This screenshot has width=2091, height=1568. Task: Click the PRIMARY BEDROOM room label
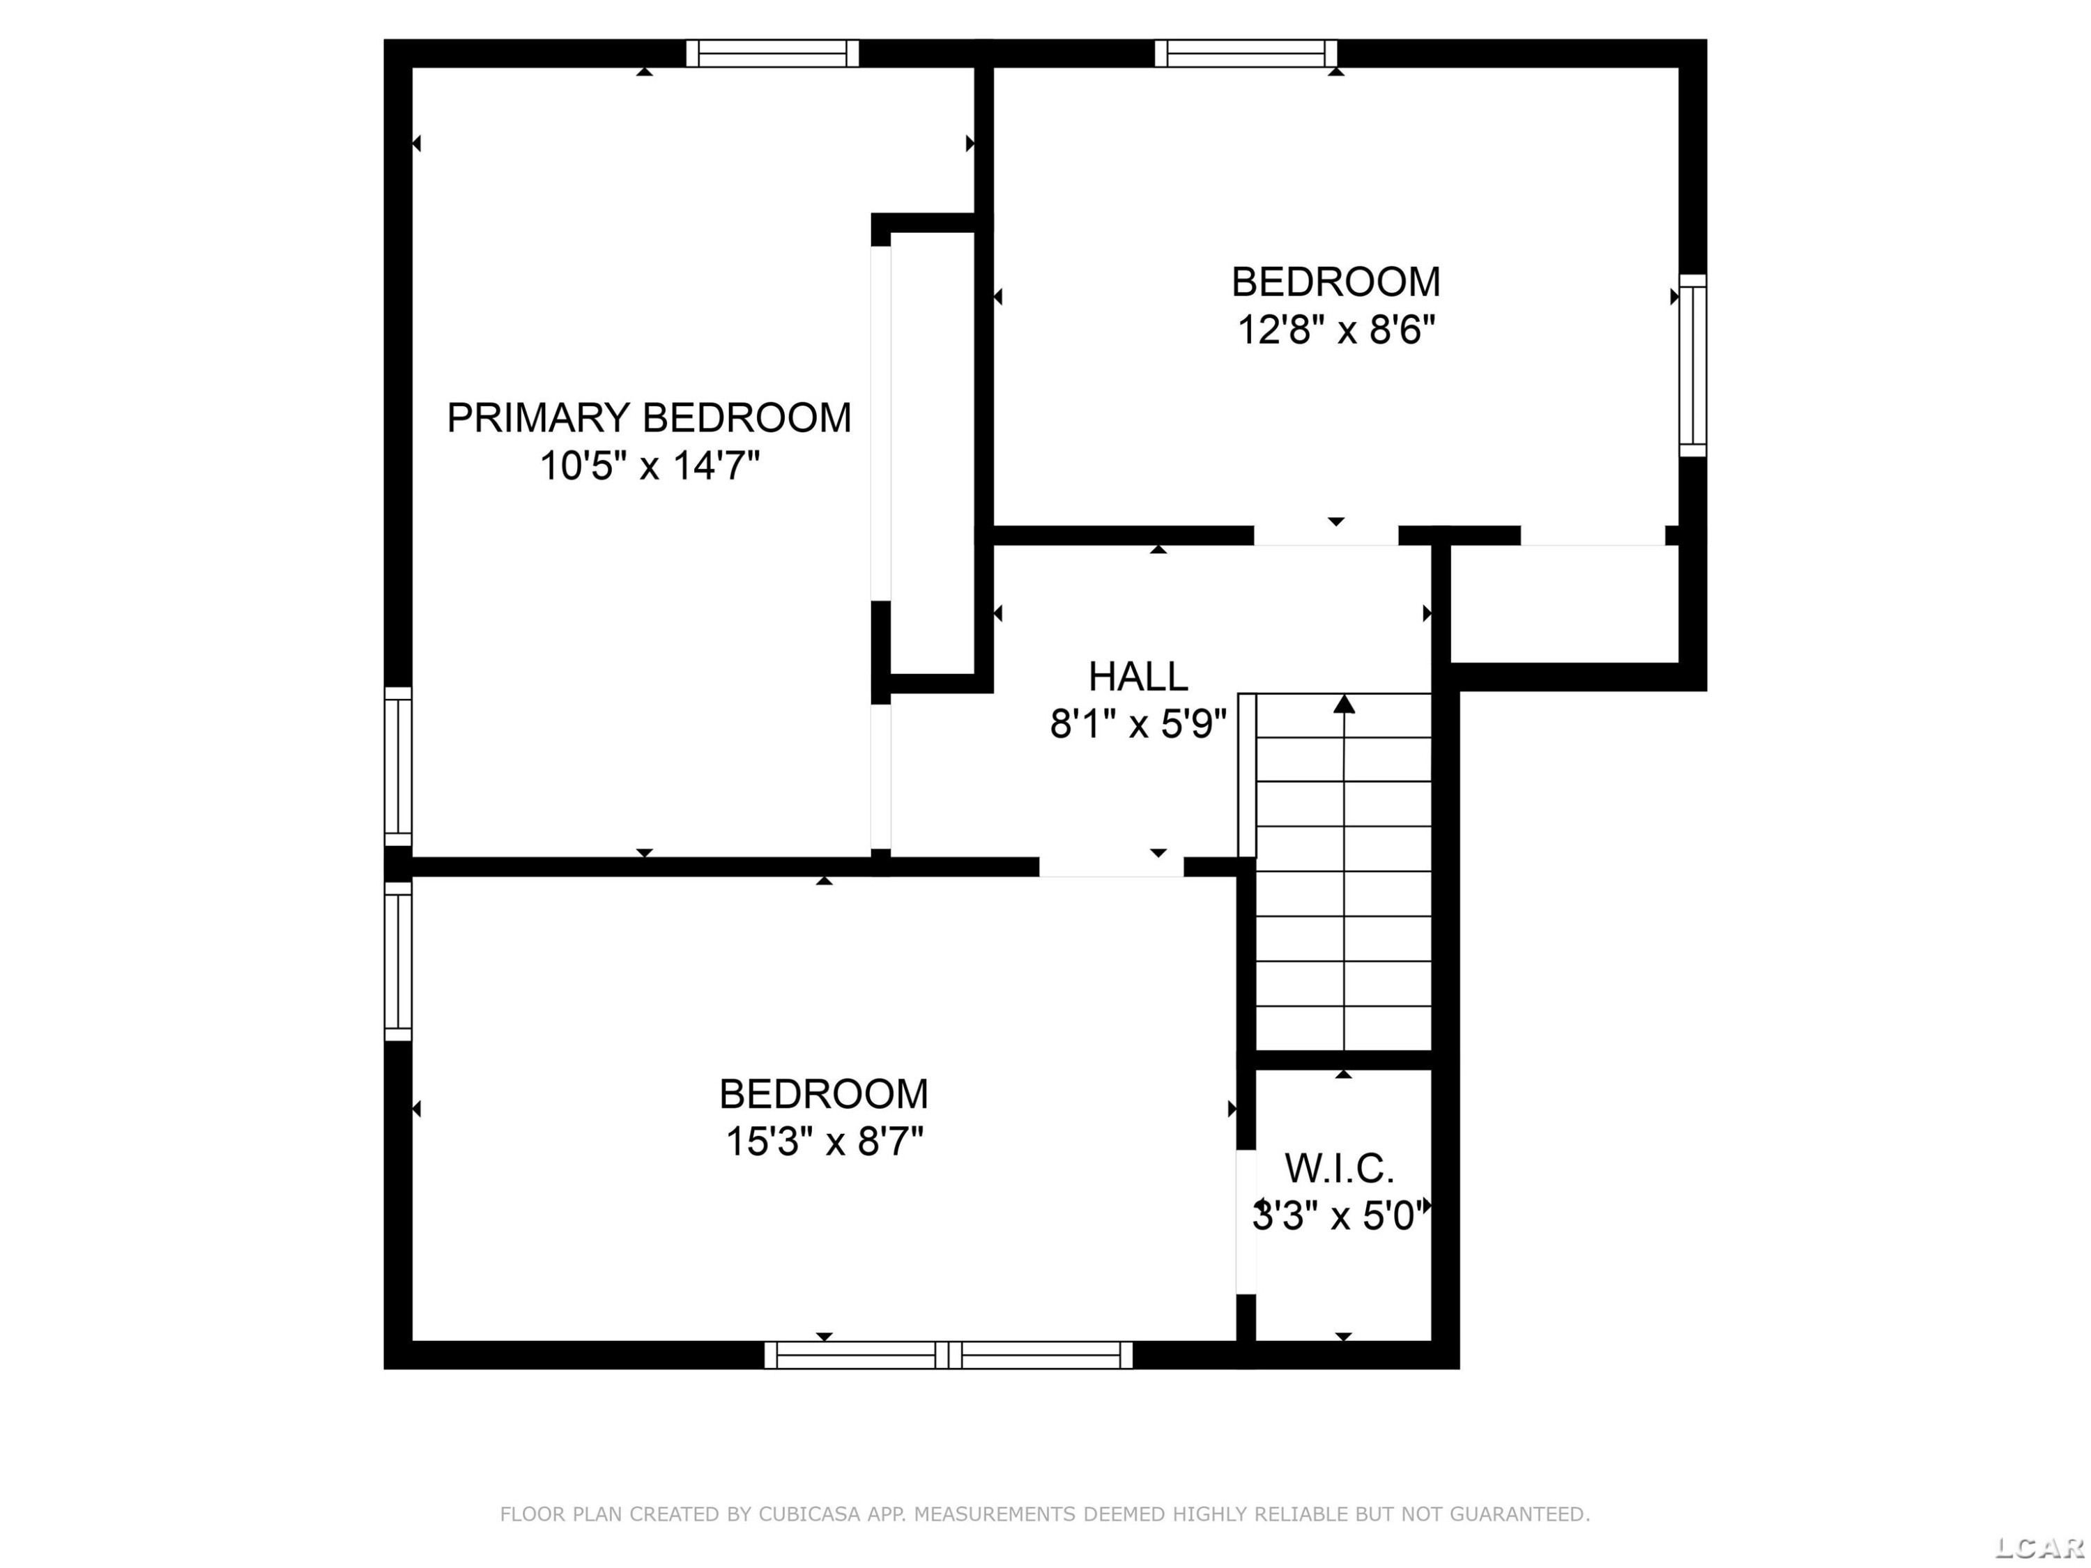tap(648, 417)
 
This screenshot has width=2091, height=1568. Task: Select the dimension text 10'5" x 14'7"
tap(650, 466)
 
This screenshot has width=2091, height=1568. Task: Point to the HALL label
tap(1138, 677)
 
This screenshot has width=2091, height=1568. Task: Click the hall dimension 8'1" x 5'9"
tap(1138, 725)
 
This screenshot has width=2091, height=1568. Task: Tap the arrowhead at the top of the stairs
tap(1343, 704)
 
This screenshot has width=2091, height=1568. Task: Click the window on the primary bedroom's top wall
tap(772, 53)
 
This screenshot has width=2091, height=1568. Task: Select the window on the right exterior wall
tap(1693, 366)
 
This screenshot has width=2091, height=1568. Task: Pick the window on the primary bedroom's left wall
tap(398, 767)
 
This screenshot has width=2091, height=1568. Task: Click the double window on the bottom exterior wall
tap(948, 1354)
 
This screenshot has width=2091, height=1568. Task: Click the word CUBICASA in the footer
tap(809, 1515)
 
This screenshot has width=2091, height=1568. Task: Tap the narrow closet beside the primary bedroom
tap(932, 454)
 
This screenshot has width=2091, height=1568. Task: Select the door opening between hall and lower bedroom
tap(1111, 867)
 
